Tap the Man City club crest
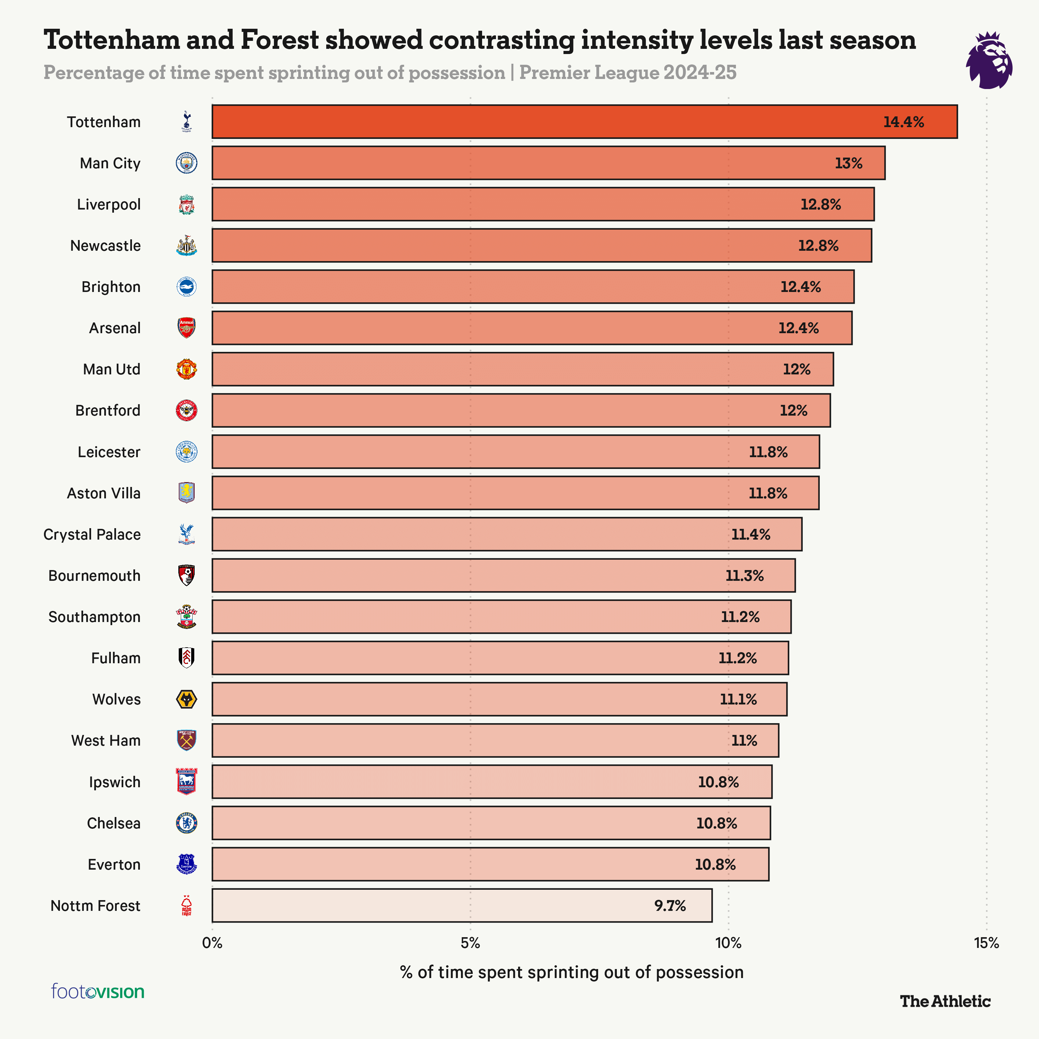point(187,163)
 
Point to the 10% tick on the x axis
point(728,943)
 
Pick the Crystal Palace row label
point(92,534)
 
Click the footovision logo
point(98,991)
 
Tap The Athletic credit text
point(945,1001)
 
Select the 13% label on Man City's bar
point(848,163)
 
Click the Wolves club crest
point(187,699)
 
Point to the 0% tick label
point(212,943)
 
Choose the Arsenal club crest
point(187,328)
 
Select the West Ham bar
point(495,740)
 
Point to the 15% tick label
point(986,943)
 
